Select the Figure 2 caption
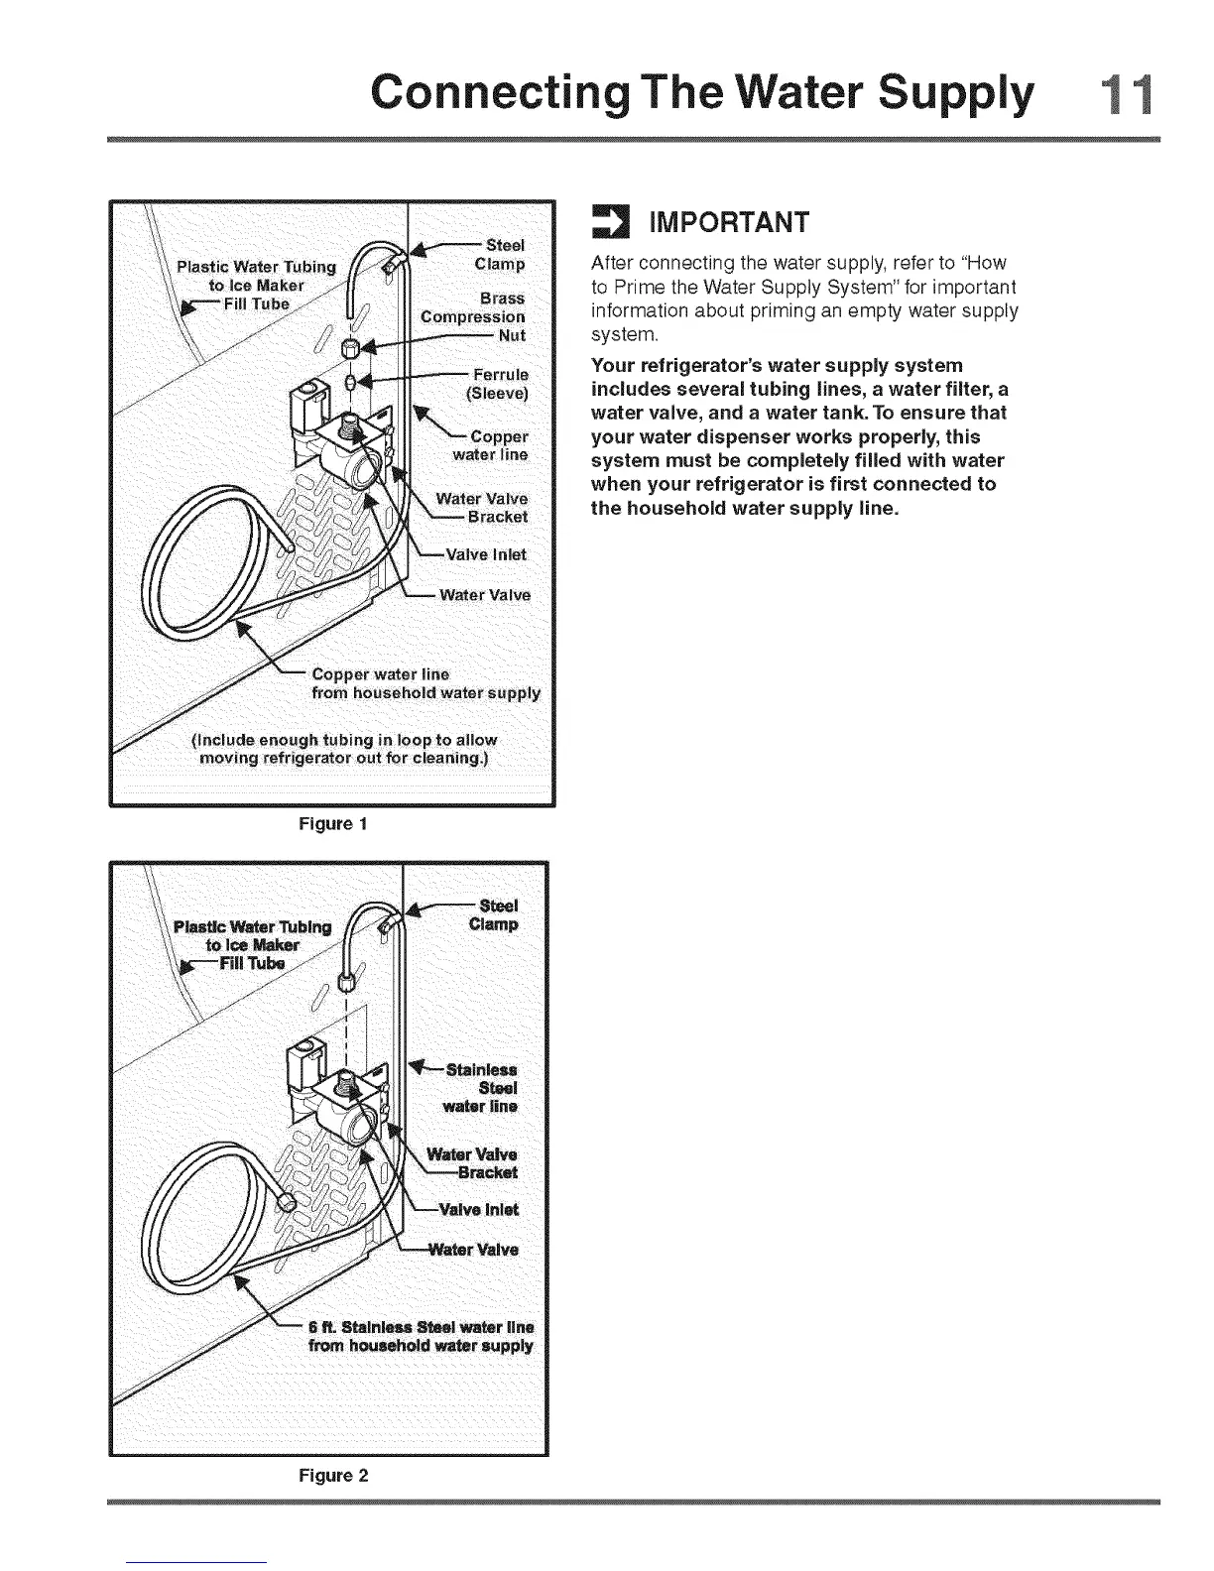click(333, 1475)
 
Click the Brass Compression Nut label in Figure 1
click(474, 316)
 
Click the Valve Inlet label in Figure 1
click(485, 554)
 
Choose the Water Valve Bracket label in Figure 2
click(472, 1163)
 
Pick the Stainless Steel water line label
click(481, 1088)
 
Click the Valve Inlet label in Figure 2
click(479, 1209)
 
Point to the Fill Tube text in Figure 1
click(256, 303)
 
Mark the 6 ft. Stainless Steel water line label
click(421, 1336)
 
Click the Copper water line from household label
click(425, 683)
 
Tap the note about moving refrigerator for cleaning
click(344, 750)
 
